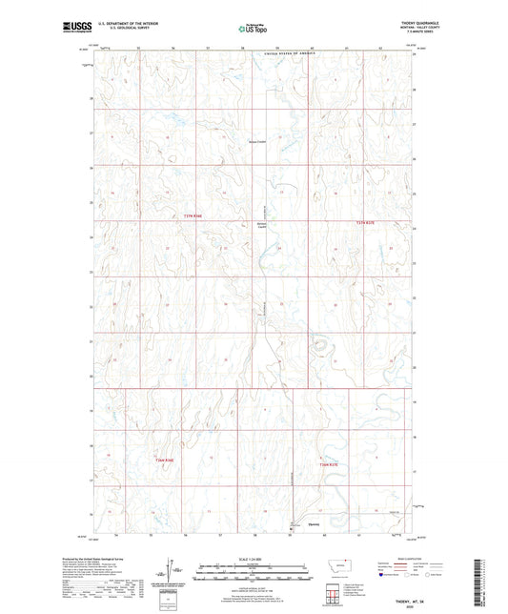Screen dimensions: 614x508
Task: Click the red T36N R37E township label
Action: point(329,464)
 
